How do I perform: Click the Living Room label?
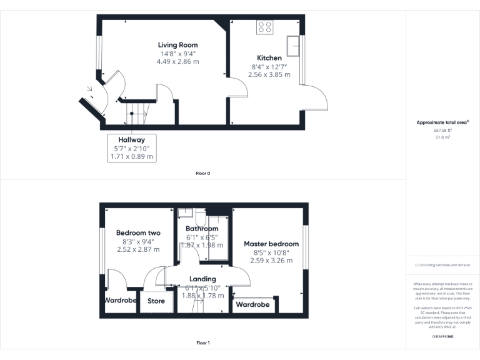click(x=177, y=45)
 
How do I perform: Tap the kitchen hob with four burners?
click(x=264, y=27)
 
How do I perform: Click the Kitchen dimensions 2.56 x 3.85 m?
click(x=269, y=74)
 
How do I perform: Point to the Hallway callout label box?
click(x=131, y=148)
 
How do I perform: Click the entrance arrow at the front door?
click(x=90, y=89)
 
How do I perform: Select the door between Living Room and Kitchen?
click(x=236, y=88)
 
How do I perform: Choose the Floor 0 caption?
click(x=202, y=173)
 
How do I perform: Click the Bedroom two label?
click(x=138, y=233)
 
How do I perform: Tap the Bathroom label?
click(x=201, y=229)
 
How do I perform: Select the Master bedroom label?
click(x=271, y=244)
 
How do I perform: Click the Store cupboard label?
click(x=156, y=301)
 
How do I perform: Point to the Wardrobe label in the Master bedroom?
click(x=252, y=305)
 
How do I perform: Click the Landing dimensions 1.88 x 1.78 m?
click(x=202, y=296)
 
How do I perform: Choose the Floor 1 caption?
click(x=202, y=343)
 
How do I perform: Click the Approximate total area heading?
click(x=442, y=122)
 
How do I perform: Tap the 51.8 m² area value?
click(x=442, y=136)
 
